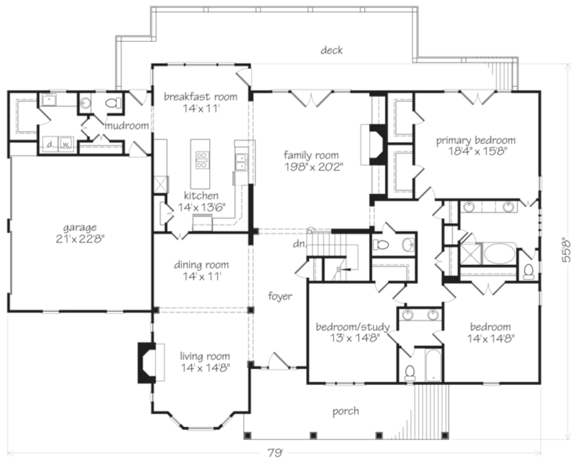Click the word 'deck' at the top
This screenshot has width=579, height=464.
[333, 50]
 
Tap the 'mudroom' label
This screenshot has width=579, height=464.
[127, 126]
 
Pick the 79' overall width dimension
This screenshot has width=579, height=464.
[274, 453]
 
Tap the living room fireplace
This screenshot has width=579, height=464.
[145, 362]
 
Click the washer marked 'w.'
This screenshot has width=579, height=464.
[65, 143]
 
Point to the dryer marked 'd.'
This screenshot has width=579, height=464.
[48, 143]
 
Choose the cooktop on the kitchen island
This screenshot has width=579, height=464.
[200, 159]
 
